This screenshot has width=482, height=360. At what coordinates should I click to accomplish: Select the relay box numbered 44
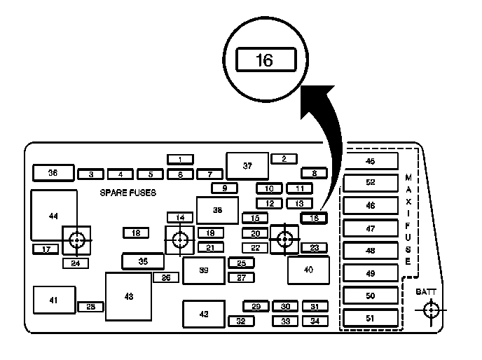coord(53,215)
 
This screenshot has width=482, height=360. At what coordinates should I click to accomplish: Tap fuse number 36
coord(53,172)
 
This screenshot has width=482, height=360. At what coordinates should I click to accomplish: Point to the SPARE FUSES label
coord(128,193)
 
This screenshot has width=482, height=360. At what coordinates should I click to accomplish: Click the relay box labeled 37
coord(247,166)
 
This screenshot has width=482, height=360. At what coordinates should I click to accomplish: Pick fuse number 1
coord(180,159)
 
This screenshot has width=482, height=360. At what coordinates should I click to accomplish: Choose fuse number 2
coord(284,159)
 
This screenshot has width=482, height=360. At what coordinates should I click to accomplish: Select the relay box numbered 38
coord(217,210)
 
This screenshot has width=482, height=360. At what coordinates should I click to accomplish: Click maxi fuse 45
coord(370,162)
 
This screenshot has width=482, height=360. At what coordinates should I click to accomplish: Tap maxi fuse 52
coord(370,184)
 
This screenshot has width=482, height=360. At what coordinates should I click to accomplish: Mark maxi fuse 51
coord(370,318)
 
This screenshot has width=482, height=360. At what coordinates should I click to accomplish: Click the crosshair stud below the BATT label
coord(432,310)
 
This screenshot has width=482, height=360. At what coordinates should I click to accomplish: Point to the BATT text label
coord(426,291)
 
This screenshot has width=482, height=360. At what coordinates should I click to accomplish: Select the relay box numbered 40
coord(308,270)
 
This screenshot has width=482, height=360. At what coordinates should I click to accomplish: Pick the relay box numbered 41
coord(54,300)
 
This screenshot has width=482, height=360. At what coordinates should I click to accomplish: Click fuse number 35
coord(143,261)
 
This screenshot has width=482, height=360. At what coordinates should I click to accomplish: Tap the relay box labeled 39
coord(203,270)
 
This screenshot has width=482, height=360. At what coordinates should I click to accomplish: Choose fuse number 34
coord(315,321)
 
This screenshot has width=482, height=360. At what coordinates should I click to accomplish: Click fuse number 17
coord(46,249)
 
